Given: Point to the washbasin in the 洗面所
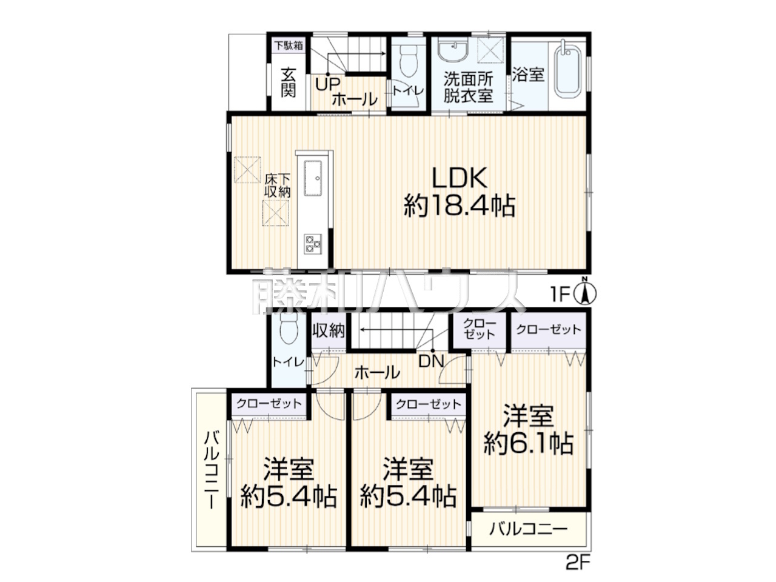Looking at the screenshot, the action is point(453,48).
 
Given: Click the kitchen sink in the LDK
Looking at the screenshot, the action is point(313,178).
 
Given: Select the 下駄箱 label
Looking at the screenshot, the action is point(289,45).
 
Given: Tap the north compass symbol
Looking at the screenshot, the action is point(584,293).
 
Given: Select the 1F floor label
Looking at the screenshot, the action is point(560,295).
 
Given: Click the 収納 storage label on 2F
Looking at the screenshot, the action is point(329,331).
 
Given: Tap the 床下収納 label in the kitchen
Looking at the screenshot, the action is point(278,186).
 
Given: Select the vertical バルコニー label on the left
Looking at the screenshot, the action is point(212,470).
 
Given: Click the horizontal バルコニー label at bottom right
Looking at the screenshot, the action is point(529,539).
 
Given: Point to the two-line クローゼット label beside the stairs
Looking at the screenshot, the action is point(479,329).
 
